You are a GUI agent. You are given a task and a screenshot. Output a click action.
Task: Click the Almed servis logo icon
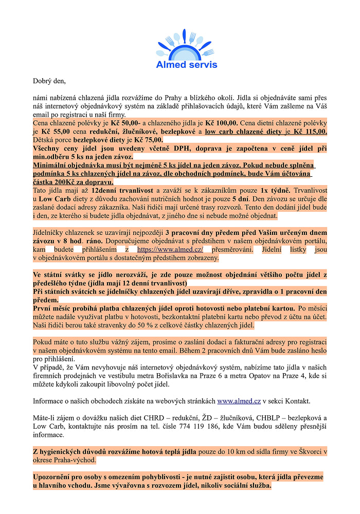[186, 45]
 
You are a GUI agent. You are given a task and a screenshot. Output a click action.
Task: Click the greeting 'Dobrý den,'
[49, 81]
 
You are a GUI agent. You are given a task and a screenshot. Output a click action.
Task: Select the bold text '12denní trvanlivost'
[123, 190]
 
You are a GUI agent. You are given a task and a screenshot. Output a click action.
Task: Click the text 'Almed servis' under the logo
[187, 65]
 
